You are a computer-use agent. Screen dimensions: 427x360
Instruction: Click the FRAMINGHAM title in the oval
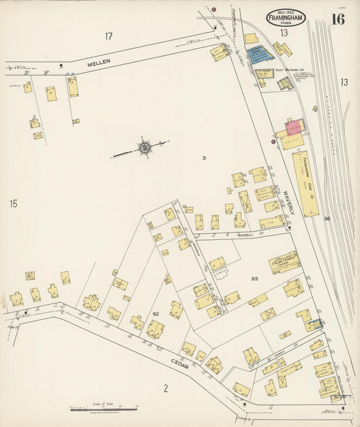point(285,16)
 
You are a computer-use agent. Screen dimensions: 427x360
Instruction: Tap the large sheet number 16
point(337,18)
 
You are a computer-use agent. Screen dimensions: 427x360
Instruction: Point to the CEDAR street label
point(180,366)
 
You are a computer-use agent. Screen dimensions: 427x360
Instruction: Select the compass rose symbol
point(145,147)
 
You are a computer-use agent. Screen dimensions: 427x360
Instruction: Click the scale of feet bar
point(104,409)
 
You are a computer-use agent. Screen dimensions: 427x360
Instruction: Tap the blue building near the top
point(257,53)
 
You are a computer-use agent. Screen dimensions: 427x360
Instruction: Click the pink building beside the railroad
point(294,126)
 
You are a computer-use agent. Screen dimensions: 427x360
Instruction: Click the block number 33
point(254,278)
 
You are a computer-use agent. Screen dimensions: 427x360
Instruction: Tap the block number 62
point(155,313)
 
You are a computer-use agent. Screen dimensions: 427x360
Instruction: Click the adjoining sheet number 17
point(109,35)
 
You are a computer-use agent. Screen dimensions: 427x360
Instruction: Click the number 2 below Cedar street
point(164,388)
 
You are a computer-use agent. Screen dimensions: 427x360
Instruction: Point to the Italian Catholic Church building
point(285,262)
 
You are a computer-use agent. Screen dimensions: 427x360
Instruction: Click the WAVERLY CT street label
point(249,236)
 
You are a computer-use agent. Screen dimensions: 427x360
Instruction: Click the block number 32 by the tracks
point(327,218)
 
